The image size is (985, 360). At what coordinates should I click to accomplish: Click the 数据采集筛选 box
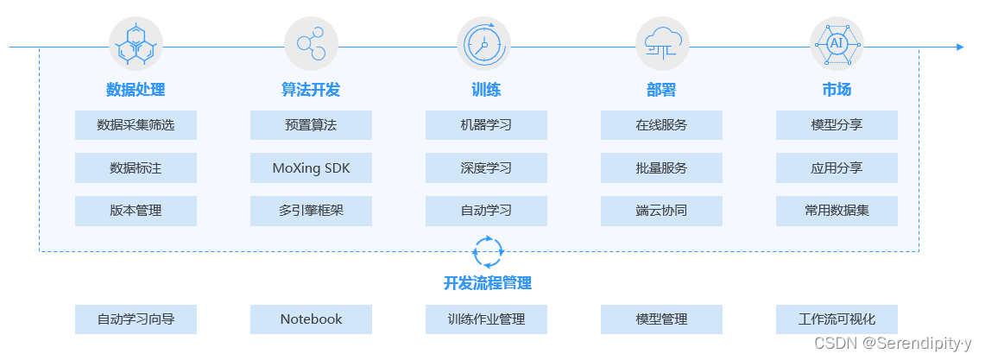click(x=136, y=125)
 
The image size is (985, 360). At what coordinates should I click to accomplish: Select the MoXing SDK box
click(x=311, y=168)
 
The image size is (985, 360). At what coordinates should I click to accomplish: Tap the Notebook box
click(x=311, y=319)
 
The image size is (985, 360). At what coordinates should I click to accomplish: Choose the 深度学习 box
click(x=486, y=168)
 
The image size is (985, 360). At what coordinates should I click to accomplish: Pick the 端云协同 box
click(x=661, y=211)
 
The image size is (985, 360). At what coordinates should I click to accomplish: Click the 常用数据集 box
click(x=837, y=211)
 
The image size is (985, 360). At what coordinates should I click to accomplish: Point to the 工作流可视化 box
click(x=837, y=319)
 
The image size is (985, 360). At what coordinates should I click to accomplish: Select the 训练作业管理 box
click(x=486, y=319)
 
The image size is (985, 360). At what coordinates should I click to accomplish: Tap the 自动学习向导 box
click(x=136, y=319)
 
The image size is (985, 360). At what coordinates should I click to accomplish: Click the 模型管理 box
click(x=661, y=319)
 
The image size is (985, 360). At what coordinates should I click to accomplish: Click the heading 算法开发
click(x=311, y=90)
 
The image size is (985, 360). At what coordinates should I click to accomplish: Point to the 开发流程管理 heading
click(x=488, y=283)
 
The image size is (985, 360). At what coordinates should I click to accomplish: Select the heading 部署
click(x=661, y=90)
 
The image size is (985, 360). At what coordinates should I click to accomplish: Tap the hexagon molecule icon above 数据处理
click(x=136, y=44)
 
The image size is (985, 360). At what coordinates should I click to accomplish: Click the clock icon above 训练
click(x=483, y=44)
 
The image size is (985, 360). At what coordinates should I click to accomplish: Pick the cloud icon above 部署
click(x=662, y=44)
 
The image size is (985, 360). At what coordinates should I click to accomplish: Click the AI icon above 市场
click(x=837, y=44)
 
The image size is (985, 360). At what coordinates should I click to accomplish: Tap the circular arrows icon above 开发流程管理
click(x=488, y=251)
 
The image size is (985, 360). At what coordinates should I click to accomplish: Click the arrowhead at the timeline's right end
click(x=959, y=47)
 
